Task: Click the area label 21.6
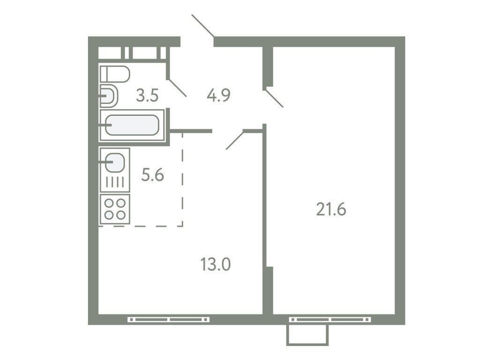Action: click(331, 210)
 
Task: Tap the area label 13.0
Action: click(216, 265)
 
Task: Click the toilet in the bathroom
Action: click(115, 74)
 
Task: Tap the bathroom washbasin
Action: click(109, 97)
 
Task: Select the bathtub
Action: click(132, 125)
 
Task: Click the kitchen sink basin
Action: click(115, 163)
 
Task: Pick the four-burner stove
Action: click(115, 209)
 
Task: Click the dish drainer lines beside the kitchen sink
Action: click(115, 182)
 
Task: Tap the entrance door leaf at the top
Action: click(203, 25)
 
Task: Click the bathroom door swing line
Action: click(177, 88)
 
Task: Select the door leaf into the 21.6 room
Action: click(274, 98)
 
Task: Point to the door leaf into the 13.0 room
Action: click(234, 140)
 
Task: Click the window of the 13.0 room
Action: click(169, 320)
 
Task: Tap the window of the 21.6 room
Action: click(330, 320)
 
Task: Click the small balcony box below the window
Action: click(307, 335)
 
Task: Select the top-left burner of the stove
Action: click(109, 204)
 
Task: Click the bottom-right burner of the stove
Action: click(120, 215)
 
